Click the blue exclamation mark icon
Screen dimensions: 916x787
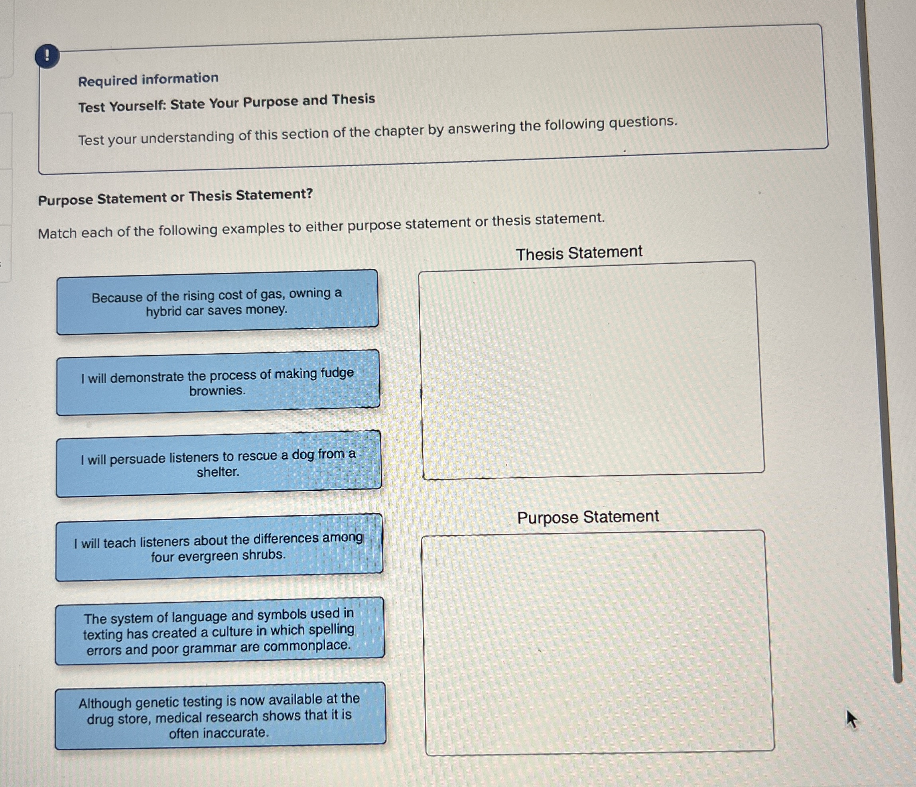[x=47, y=56]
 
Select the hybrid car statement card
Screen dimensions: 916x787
[x=217, y=302]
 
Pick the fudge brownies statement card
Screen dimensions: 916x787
[x=217, y=383]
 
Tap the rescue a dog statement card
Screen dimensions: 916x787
[x=219, y=464]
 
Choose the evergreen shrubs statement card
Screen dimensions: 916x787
[x=219, y=547]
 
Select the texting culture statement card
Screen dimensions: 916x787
[x=219, y=631]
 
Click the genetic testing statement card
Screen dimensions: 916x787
[x=220, y=715]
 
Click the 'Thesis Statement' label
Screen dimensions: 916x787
[x=579, y=253]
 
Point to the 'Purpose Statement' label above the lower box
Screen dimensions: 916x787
[x=588, y=517]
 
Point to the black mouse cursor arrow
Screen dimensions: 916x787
[x=851, y=719]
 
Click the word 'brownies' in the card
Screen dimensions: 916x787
[x=217, y=391]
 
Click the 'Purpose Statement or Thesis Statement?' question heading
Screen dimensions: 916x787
[x=175, y=197]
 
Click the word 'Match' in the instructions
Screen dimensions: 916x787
[x=57, y=233]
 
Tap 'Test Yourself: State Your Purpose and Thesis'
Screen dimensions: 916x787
[x=227, y=103]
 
